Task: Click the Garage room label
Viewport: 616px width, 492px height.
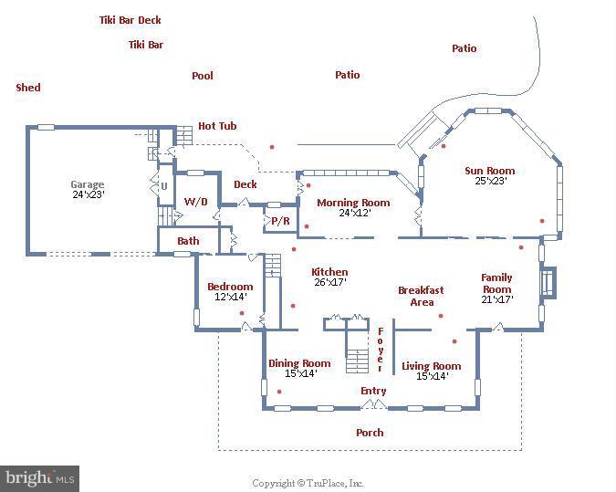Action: coord(88,184)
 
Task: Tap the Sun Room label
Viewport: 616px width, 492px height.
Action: coord(490,171)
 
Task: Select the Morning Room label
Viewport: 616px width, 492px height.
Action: coord(353,203)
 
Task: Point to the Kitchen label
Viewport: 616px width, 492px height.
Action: coord(329,272)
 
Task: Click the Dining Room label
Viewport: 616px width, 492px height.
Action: coord(299,363)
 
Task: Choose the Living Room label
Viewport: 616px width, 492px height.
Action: coord(432,366)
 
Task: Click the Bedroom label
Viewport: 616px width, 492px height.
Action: coord(230,287)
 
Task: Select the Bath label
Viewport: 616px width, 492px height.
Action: coord(188,241)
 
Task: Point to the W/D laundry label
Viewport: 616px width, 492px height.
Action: coord(196,201)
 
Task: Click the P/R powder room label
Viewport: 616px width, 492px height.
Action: coord(280,221)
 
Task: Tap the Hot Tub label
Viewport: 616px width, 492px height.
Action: coord(218,126)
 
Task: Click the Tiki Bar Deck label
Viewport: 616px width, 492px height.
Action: coord(131,19)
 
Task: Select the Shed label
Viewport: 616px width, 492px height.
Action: coord(28,88)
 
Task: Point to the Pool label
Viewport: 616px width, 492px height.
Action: coord(203,76)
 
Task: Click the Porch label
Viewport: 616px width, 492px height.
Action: coord(370,432)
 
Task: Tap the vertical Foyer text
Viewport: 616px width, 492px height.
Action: coord(381,349)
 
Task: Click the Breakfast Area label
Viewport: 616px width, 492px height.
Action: coord(421,296)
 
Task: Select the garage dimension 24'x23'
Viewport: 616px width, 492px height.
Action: coord(88,194)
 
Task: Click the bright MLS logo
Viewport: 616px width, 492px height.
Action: coord(39,478)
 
